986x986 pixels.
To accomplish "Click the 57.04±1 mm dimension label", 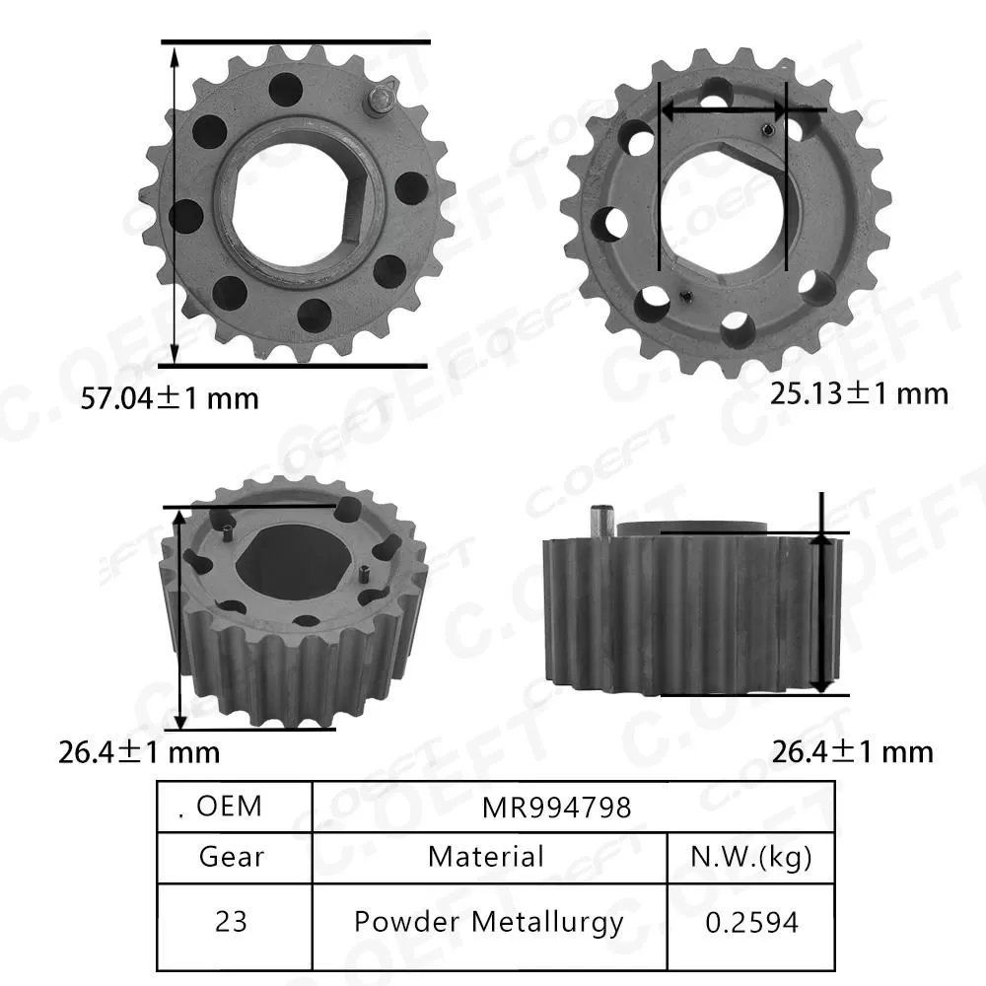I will [x=169, y=398].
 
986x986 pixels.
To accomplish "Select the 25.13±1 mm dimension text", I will [x=858, y=394].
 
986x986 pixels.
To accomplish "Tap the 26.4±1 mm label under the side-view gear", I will [x=851, y=752].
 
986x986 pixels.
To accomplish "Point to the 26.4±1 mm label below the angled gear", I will [x=138, y=753].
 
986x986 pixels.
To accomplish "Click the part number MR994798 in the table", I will [x=557, y=808].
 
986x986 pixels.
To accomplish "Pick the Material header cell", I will [x=486, y=856].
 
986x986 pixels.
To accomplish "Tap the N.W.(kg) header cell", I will [x=751, y=856].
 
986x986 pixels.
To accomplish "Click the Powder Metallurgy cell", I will [x=488, y=922].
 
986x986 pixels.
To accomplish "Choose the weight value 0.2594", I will [x=751, y=922].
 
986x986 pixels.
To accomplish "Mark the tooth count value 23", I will [x=233, y=922].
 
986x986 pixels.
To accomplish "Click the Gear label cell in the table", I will [x=233, y=856].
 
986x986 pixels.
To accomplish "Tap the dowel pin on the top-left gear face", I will [x=380, y=102].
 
